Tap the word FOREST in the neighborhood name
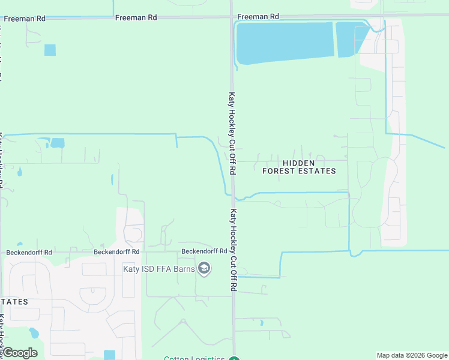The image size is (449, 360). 281,171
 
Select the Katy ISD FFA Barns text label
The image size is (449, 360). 159,269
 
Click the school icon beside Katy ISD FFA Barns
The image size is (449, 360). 204,268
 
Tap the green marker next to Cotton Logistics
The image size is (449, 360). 234,359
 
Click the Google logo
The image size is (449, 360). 20,353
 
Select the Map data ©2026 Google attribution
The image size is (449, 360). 412,355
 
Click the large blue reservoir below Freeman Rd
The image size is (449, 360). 284,42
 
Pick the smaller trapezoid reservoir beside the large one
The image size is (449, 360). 349,39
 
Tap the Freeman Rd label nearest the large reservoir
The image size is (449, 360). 258,17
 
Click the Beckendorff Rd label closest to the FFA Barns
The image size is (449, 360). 204,251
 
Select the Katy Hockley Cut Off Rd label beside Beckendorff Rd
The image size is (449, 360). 233,250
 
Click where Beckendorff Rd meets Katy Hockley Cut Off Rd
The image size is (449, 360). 232,252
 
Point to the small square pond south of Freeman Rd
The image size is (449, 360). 50,50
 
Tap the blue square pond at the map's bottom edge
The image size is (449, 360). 109,355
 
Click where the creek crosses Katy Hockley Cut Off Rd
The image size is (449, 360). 233,196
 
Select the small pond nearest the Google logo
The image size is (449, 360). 34,333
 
